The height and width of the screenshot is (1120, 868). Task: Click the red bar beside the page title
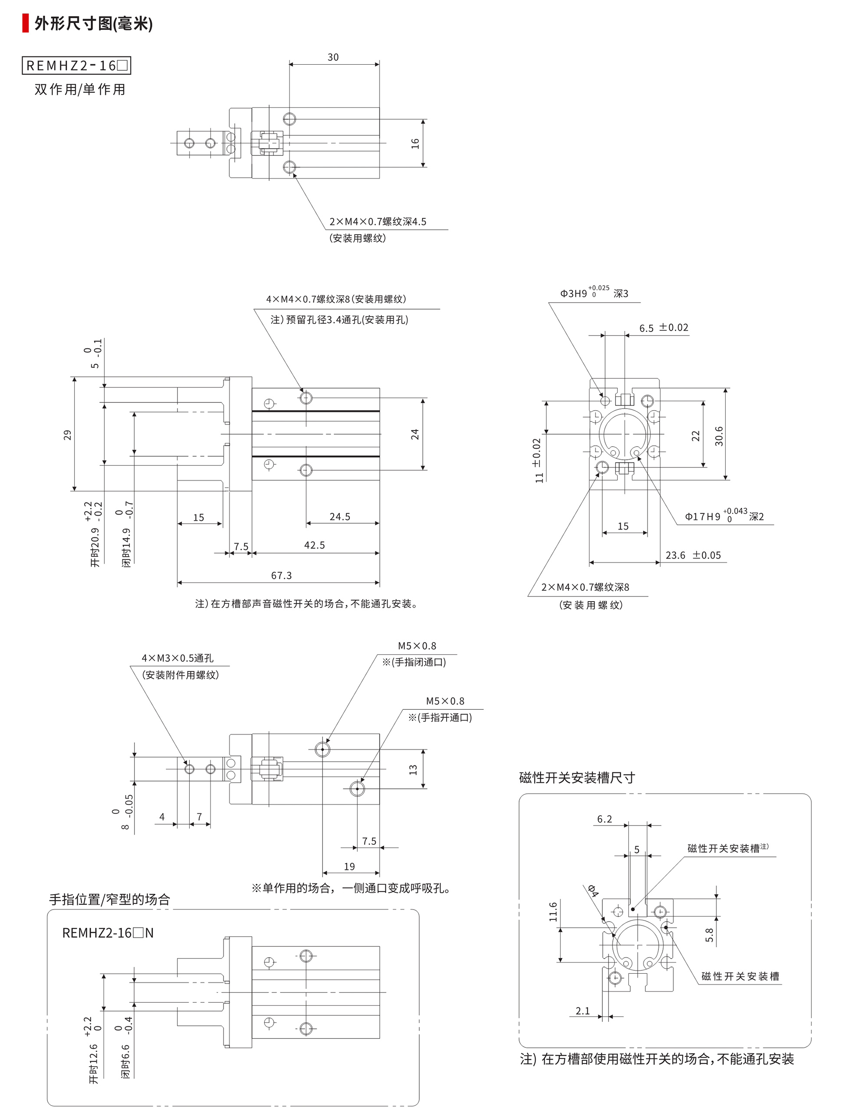[25, 23]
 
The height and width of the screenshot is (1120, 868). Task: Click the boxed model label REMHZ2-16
[76, 66]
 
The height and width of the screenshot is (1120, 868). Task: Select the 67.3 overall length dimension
[281, 575]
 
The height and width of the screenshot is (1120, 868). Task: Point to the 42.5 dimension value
[314, 545]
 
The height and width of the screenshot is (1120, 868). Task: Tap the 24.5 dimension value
[339, 517]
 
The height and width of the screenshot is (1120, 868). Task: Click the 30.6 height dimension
[719, 436]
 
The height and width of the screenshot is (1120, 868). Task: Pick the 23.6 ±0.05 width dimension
[693, 555]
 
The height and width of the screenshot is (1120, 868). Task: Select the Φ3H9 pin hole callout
[593, 293]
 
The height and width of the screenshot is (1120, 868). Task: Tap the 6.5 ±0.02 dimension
[664, 328]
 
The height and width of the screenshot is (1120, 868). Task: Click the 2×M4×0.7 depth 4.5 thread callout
[377, 221]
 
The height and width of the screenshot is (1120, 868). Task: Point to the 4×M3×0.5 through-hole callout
[178, 658]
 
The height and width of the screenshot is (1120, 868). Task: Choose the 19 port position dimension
[349, 866]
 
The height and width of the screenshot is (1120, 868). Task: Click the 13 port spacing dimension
[413, 769]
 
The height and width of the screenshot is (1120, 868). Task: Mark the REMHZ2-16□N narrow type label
[108, 933]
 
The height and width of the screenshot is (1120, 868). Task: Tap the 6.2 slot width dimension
[605, 819]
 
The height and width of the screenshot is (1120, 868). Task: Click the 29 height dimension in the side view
[67, 435]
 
